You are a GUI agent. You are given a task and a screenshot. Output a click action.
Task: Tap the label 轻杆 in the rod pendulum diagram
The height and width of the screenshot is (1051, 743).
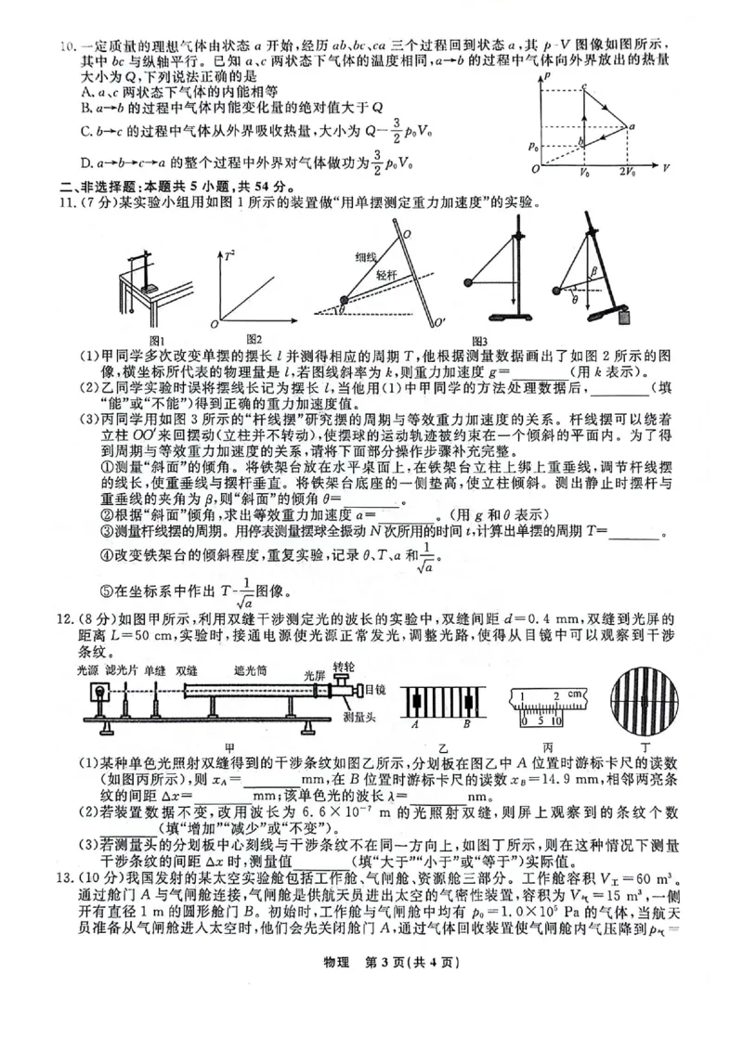386,276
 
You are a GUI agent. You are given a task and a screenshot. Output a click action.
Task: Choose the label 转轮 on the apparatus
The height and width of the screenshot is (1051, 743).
344,667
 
